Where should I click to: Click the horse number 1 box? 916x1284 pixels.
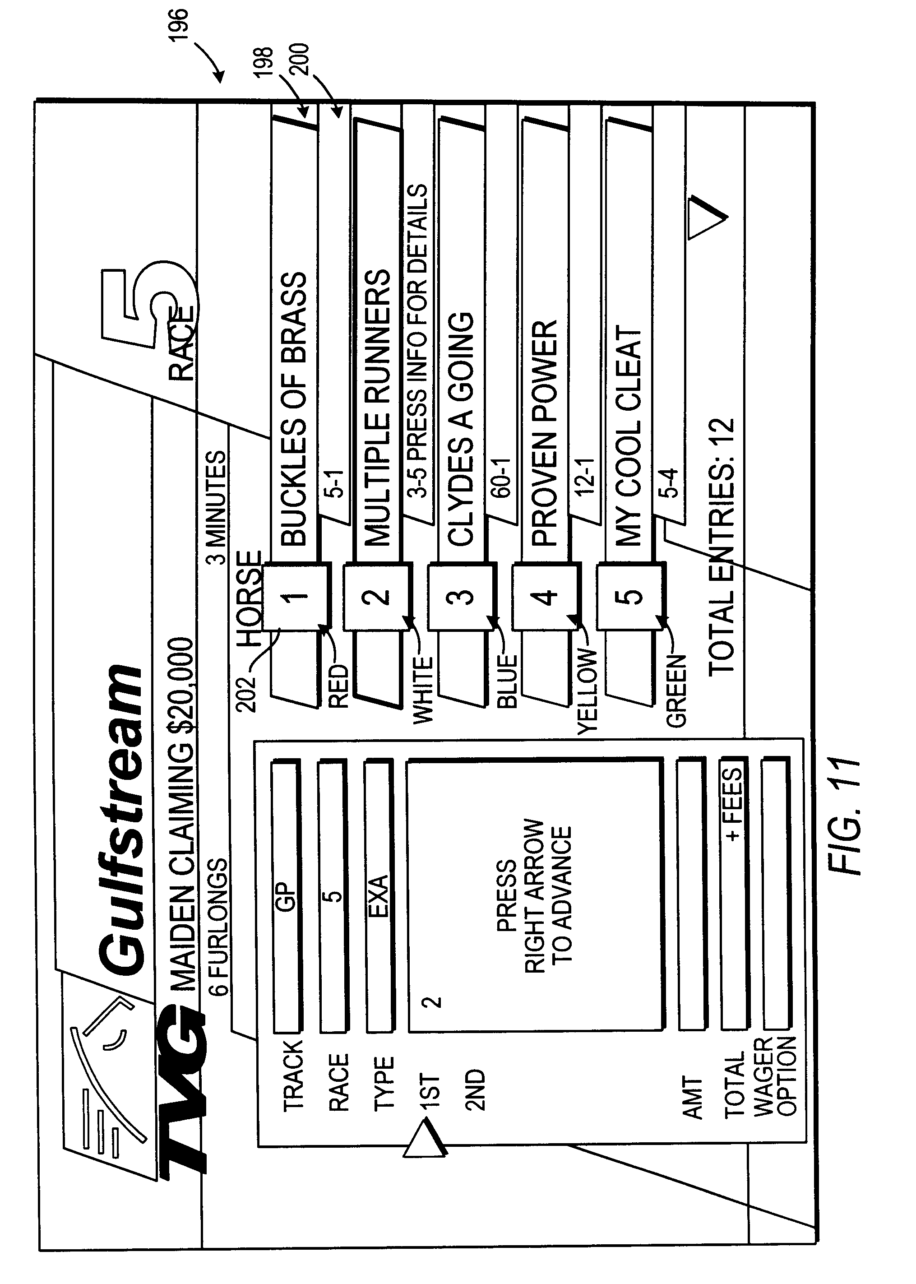coord(294,596)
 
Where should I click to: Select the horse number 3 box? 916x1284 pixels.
coord(462,596)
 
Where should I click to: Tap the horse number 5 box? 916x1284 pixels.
coord(630,596)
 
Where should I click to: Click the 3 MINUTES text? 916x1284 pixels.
coord(216,508)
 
